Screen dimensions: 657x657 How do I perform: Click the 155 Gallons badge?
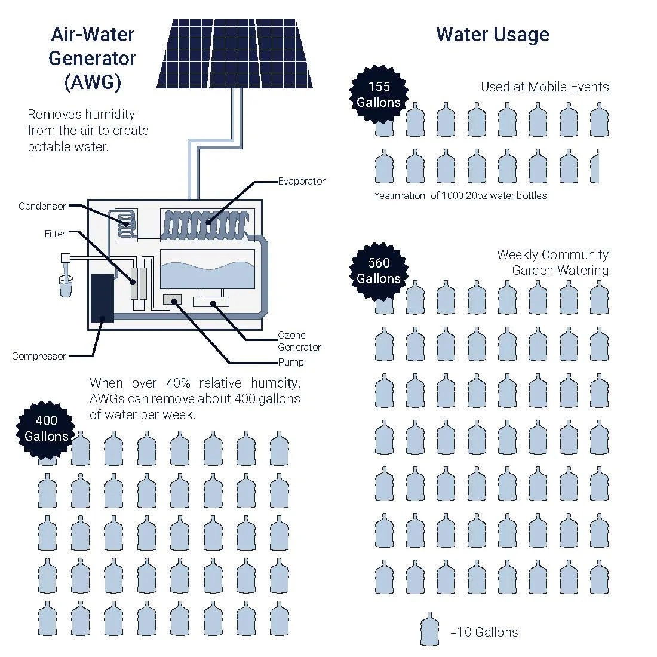(379, 94)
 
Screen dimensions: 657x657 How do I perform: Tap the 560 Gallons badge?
(379, 271)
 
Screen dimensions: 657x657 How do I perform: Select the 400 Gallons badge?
(46, 429)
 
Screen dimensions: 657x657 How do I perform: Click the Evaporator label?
(302, 182)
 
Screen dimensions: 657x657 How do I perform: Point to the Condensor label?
(42, 206)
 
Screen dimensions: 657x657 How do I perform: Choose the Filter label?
(55, 234)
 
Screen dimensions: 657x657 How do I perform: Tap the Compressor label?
(39, 356)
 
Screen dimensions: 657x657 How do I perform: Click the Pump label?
(291, 362)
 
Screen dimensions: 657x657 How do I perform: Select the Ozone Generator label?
(299, 341)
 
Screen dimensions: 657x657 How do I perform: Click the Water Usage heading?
(492, 35)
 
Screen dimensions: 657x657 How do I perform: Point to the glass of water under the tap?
(65, 286)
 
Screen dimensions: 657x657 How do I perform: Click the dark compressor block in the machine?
(102, 298)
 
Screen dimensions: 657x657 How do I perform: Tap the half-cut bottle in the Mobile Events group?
(594, 167)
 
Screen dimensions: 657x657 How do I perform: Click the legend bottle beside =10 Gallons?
(429, 629)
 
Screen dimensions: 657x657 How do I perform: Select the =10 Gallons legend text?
(484, 632)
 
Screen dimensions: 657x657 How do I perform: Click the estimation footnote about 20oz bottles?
(461, 196)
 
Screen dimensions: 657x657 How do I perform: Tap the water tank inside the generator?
(207, 269)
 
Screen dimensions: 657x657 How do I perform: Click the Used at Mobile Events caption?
(545, 87)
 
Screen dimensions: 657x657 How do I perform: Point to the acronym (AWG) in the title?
(93, 82)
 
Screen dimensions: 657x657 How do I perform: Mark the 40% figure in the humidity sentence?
(178, 383)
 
